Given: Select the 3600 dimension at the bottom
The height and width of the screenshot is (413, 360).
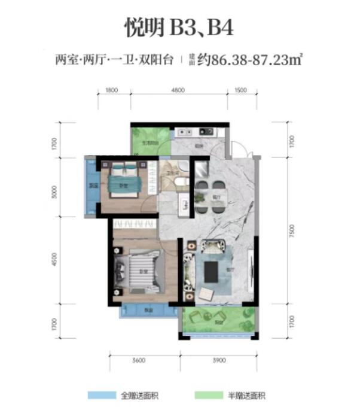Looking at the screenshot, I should (x=138, y=360).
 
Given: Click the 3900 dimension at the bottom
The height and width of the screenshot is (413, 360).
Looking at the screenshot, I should (x=219, y=360).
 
